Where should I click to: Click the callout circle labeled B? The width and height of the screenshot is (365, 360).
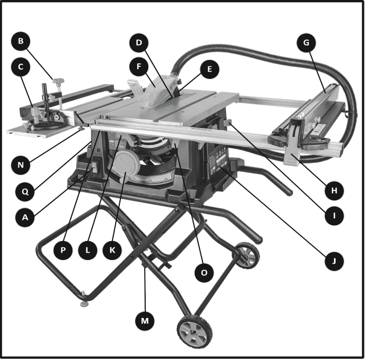(21, 41)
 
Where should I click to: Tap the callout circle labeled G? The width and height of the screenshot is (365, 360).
(306, 43)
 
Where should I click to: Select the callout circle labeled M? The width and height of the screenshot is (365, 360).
(145, 321)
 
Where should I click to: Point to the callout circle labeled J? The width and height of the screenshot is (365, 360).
(334, 261)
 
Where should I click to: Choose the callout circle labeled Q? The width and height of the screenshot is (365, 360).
(25, 192)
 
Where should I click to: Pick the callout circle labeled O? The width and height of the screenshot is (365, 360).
(204, 273)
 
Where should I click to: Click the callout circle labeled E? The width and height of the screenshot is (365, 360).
(209, 69)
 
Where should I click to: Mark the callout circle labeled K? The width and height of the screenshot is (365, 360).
(112, 250)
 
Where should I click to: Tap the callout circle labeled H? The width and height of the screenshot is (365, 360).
(334, 191)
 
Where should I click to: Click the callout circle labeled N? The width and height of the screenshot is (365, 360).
(21, 165)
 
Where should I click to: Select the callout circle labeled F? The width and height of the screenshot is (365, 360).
(139, 66)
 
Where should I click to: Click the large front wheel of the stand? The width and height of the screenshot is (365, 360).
(195, 332)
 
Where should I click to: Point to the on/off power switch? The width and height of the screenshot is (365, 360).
(94, 168)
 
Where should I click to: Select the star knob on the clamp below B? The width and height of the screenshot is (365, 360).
(58, 82)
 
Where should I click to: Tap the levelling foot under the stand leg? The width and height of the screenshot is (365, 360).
(84, 303)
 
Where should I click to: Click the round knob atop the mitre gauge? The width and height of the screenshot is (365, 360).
(36, 112)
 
